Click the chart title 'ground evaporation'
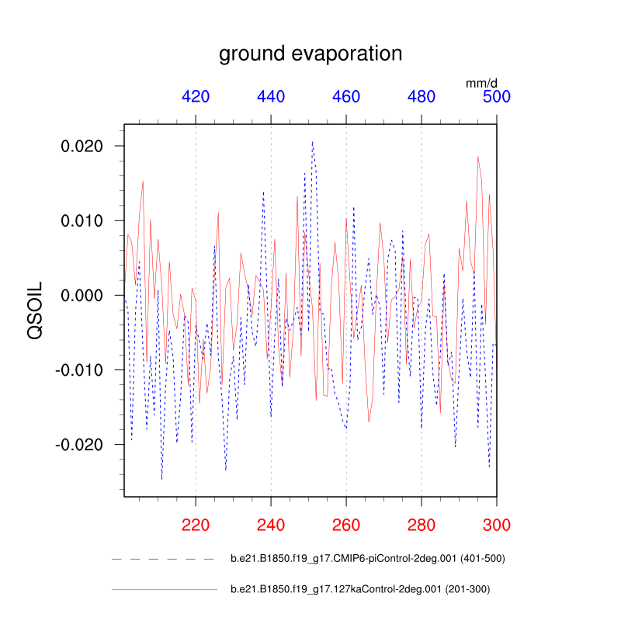tap(310, 54)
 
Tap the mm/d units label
tap(481, 82)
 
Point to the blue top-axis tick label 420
tap(196, 96)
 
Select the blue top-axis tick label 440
tap(271, 96)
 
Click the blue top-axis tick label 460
tap(346, 96)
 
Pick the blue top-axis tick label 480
tap(422, 96)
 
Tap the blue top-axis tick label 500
tap(497, 96)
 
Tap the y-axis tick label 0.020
tap(87, 146)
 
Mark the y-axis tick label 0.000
tap(87, 295)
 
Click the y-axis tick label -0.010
tap(84, 369)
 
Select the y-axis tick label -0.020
tap(84, 444)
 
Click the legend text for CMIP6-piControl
tap(368, 558)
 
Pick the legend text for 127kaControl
tap(360, 589)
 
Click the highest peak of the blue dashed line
tap(312, 142)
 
